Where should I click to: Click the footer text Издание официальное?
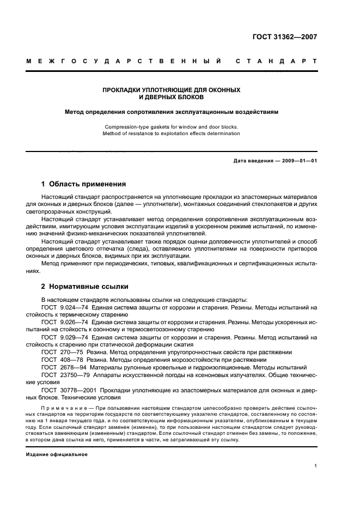pos(56,454)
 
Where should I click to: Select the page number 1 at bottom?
pos(315,466)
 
